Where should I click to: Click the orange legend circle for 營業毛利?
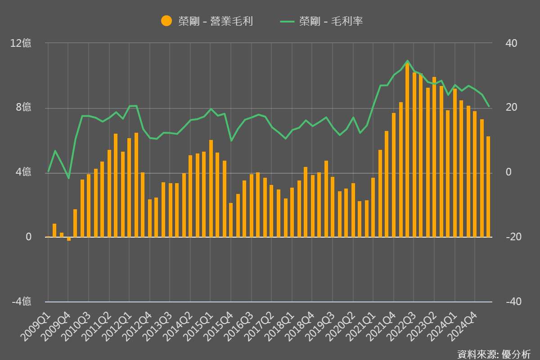click(x=166, y=21)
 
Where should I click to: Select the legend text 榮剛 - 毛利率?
click(x=331, y=21)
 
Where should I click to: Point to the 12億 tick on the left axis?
click(x=21, y=44)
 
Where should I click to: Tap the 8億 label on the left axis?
click(x=23, y=108)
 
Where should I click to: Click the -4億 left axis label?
click(x=21, y=301)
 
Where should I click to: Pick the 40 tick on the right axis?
click(x=512, y=44)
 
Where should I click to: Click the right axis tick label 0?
click(x=508, y=172)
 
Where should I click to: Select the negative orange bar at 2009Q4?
click(x=69, y=239)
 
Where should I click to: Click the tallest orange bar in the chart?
click(x=407, y=151)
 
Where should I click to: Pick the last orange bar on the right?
click(x=488, y=187)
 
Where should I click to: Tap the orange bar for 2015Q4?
click(x=231, y=220)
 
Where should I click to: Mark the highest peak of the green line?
click(x=407, y=61)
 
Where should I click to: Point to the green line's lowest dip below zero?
click(x=69, y=178)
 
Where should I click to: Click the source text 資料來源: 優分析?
click(x=494, y=354)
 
